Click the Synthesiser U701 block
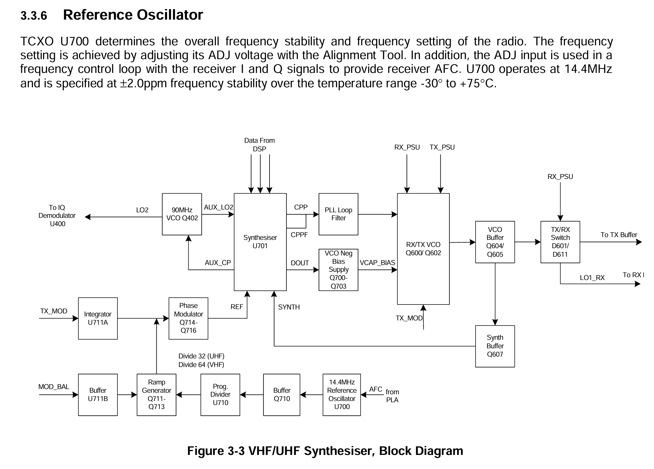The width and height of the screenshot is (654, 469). pos(260,242)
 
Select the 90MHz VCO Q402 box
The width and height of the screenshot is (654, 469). pos(182,214)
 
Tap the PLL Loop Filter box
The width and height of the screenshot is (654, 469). pos(338,214)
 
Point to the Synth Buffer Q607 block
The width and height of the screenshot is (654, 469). pos(495,346)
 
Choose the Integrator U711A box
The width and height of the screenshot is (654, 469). pos(98,318)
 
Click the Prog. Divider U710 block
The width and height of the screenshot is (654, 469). pos(220,395)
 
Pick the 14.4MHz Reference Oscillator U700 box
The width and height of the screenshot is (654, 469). pos(342,395)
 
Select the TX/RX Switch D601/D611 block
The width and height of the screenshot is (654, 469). pos(560,242)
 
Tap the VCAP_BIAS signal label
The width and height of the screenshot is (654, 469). pos(377,263)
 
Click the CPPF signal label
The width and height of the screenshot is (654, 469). pos(299,235)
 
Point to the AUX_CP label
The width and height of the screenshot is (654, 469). pos(218,263)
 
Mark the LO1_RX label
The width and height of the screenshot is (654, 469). pos(592,278)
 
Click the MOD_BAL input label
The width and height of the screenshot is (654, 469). pos(54,387)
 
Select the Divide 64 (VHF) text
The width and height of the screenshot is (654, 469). pos(201,365)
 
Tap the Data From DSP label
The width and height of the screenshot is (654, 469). pos(259,145)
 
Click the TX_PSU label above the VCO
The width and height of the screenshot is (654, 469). pos(442,147)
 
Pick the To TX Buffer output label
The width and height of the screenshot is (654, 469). pos(619,235)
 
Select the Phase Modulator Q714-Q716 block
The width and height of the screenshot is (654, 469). pos(188,318)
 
